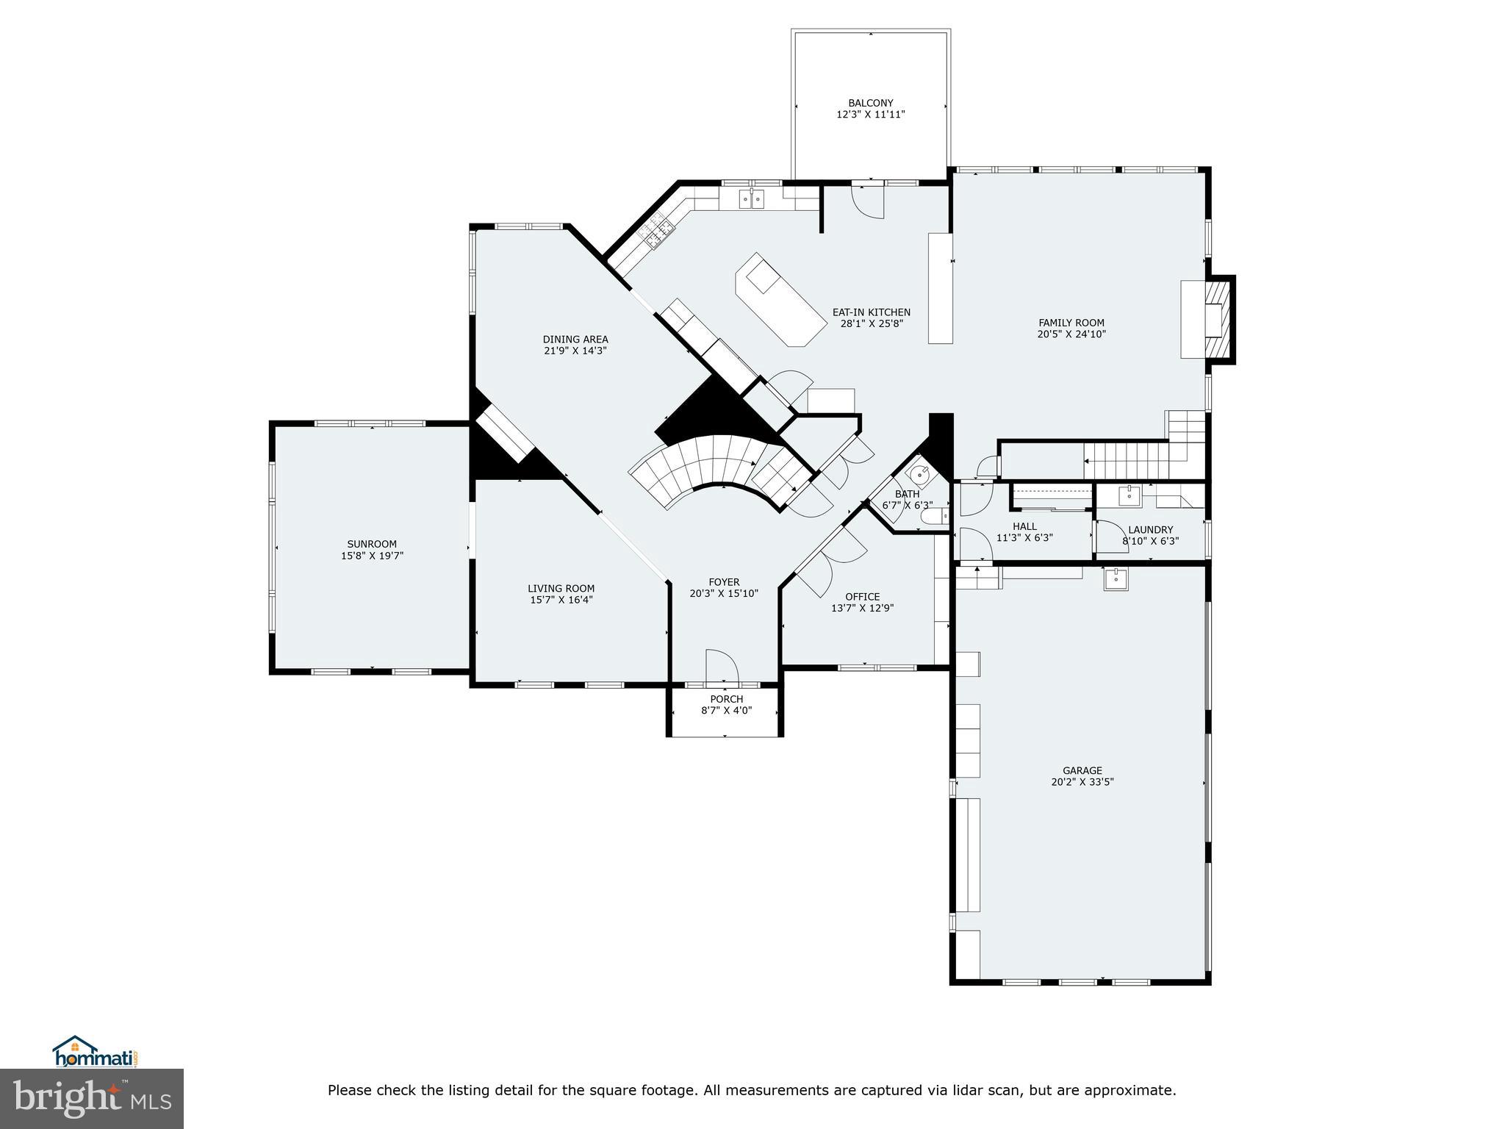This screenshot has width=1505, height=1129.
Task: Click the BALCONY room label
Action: coord(870,104)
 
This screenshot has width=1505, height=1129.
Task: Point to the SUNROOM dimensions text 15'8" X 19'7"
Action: coord(372,556)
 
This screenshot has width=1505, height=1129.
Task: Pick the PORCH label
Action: coord(726,699)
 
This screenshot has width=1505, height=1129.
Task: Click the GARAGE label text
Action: coord(1082,771)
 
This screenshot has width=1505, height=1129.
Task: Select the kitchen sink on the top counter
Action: coord(752,198)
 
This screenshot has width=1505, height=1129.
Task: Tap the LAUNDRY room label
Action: coord(1150,529)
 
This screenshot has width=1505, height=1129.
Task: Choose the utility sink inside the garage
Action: coord(1116,579)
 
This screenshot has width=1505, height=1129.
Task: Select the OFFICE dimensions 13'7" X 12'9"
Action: coord(862,608)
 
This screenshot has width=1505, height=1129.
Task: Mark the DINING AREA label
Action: coord(575,340)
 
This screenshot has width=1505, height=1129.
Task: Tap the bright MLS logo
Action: coord(92,1098)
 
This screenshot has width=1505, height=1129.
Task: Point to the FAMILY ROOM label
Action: coord(1071,323)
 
